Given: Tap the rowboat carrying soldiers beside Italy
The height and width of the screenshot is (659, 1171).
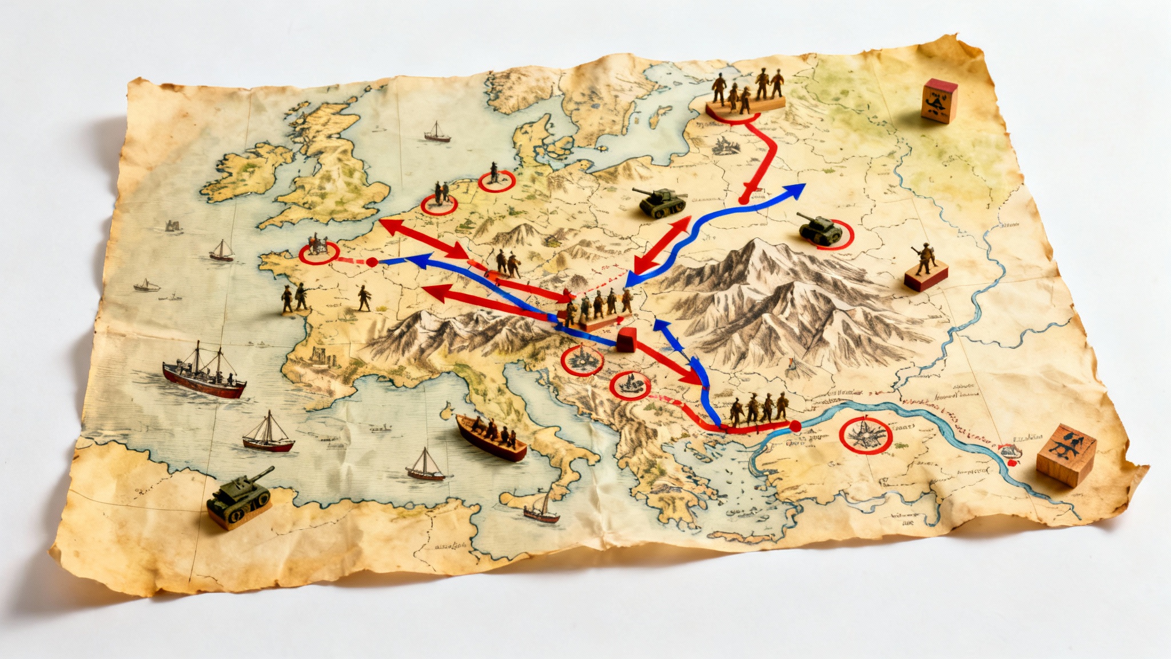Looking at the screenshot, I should (x=491, y=437).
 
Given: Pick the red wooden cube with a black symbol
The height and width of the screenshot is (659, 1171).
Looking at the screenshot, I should (x=939, y=101).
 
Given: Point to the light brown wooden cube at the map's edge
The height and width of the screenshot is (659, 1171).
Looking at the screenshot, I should (x=1065, y=455).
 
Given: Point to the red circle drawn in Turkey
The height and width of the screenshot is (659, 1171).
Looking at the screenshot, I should (x=865, y=435).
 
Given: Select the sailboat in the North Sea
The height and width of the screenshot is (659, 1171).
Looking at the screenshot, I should (x=437, y=133).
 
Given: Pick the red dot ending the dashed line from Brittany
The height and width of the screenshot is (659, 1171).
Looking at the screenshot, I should (x=372, y=262).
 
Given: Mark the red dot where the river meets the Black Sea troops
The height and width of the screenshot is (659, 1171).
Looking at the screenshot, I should (x=794, y=426).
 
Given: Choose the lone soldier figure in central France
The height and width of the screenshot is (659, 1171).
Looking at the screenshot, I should (x=364, y=298).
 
